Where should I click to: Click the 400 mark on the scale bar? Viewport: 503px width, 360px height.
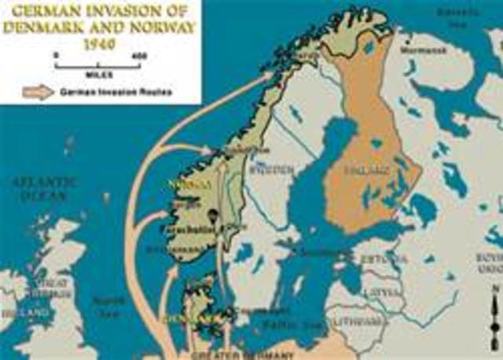tap(141, 55)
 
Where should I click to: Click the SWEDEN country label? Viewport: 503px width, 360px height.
tap(263, 169)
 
